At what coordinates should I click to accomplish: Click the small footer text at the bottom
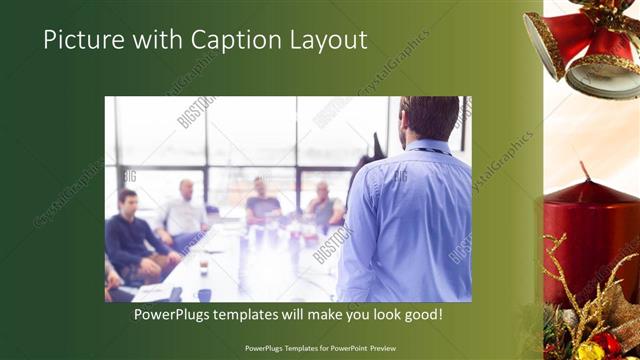(x=320, y=349)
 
